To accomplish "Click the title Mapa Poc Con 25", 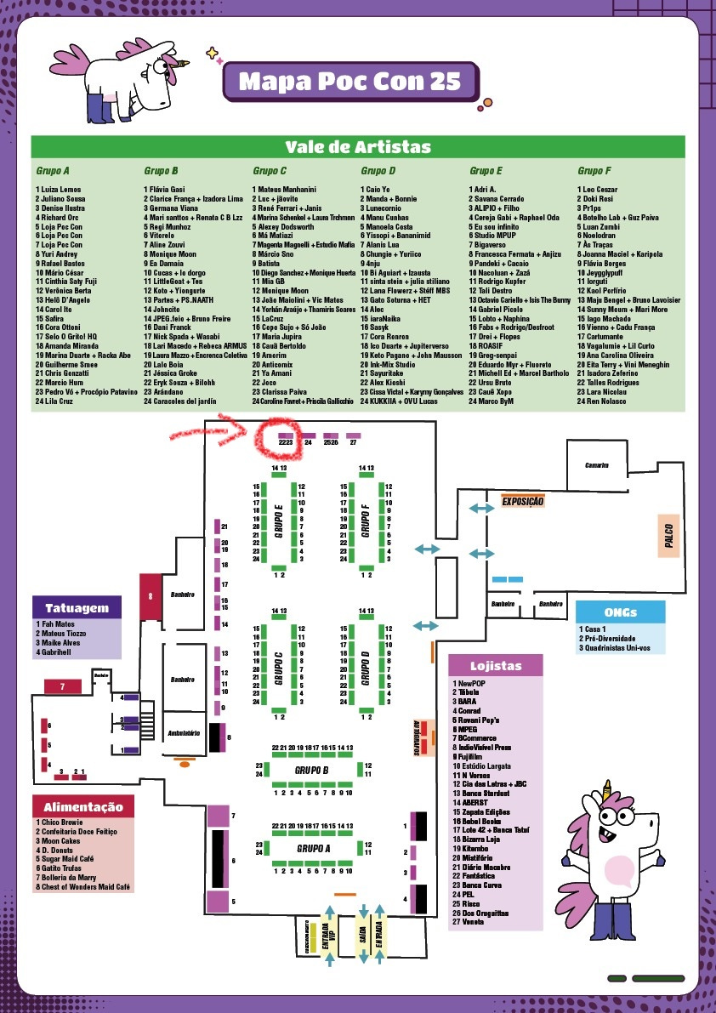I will [x=349, y=82].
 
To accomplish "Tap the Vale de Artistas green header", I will [x=358, y=147].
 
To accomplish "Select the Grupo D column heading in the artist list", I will [x=378, y=171].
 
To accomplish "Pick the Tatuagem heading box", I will [x=77, y=608].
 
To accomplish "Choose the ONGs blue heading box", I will [x=620, y=612].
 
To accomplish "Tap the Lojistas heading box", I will [x=496, y=666].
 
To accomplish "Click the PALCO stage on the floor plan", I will [x=670, y=535].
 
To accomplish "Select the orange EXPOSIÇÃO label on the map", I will [x=522, y=502].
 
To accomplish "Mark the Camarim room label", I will [x=597, y=465].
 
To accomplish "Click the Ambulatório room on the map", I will [x=184, y=732].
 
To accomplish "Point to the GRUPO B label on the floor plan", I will [x=312, y=770].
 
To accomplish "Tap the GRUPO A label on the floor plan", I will [x=312, y=848].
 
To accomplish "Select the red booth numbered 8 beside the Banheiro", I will [x=151, y=595].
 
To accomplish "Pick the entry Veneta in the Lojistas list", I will [x=469, y=921].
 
